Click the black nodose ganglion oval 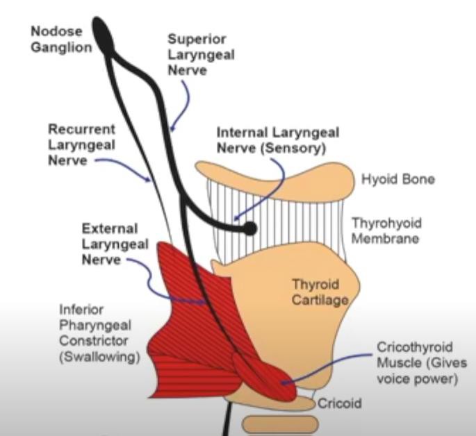pos(105,34)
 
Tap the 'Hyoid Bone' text pos(398,180)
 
